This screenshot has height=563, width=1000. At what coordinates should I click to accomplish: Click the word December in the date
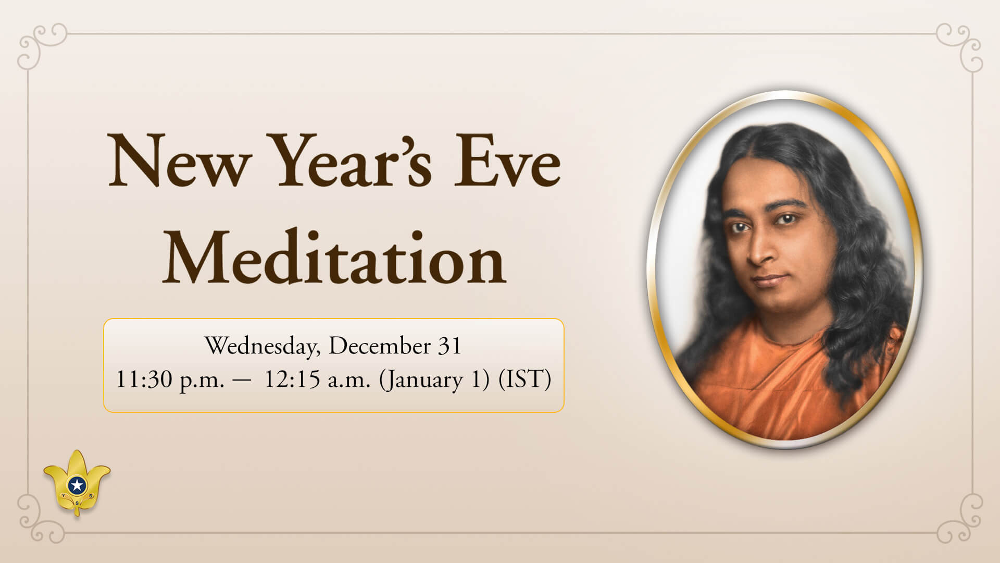379,347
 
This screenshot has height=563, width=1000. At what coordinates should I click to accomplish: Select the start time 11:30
144,380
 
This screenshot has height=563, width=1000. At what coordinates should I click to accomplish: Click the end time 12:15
292,380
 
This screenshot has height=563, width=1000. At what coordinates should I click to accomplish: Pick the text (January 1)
434,380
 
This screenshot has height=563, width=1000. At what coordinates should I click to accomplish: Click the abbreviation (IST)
524,380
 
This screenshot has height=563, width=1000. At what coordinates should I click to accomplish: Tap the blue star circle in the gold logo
77,485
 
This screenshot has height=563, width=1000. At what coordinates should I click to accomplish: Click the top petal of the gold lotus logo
77,461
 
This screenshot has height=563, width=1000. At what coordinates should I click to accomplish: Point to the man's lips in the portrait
769,280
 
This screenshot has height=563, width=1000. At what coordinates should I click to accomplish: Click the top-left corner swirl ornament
39,44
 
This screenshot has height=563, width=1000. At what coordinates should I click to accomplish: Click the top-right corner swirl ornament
961,44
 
